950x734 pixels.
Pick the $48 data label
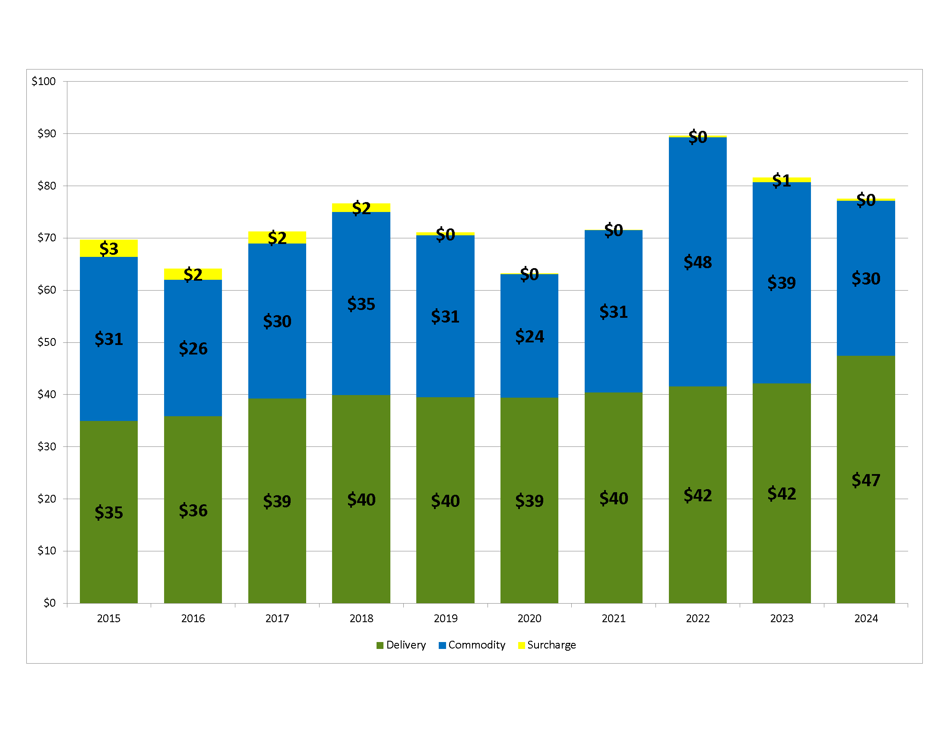pos(697,262)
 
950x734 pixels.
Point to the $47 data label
pos(866,480)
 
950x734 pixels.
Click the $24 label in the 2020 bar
pos(529,337)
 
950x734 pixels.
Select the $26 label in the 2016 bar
pos(193,348)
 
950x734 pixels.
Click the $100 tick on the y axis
pos(44,81)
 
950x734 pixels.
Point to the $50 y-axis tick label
pos(47,342)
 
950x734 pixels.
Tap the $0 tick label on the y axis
pos(49,603)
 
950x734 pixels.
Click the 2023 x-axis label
pos(782,618)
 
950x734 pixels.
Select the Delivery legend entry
pos(401,645)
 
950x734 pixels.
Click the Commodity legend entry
pos(472,645)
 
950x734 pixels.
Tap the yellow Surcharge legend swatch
pos(522,645)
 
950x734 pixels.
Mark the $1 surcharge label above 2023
pos(782,180)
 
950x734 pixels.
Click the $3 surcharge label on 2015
pos(109,249)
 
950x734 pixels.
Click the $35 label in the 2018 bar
pos(361,304)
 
